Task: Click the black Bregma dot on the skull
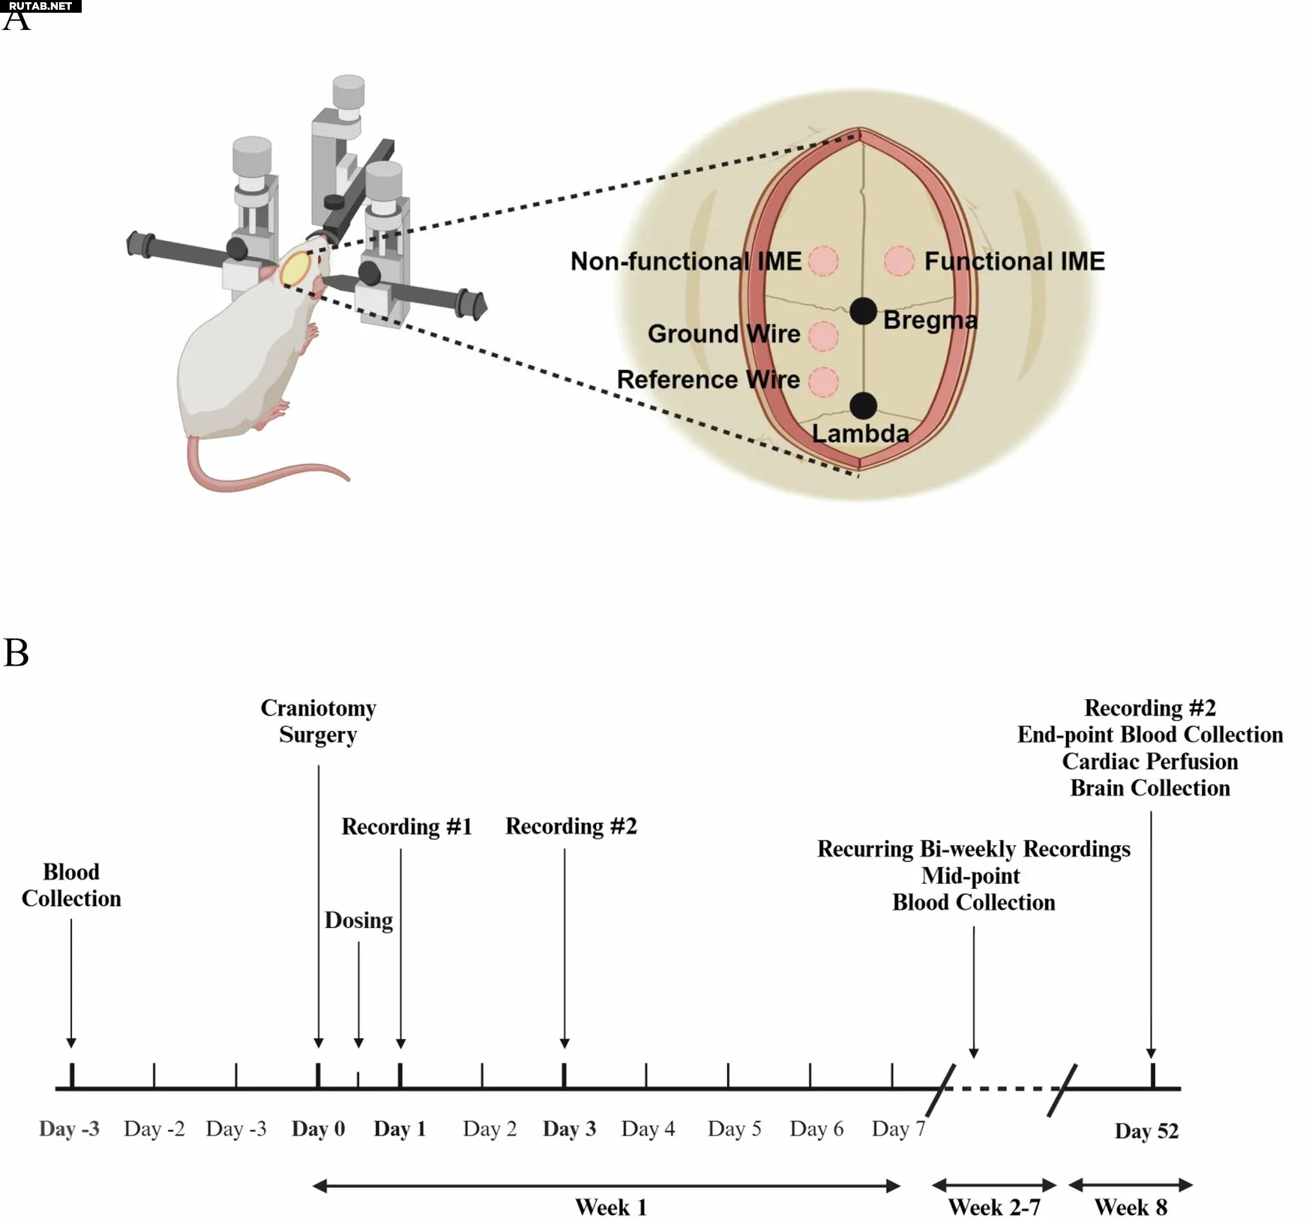click(863, 310)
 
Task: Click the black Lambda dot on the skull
click(864, 406)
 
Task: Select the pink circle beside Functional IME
click(899, 262)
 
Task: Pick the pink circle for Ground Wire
click(823, 336)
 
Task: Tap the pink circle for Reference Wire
click(823, 382)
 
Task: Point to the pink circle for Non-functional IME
click(823, 262)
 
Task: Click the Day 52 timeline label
click(1146, 1130)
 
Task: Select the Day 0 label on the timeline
click(318, 1129)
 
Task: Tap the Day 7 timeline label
click(898, 1129)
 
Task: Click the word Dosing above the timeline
click(358, 920)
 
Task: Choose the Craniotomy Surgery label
click(318, 721)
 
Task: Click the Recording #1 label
click(406, 826)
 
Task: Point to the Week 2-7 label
click(993, 1207)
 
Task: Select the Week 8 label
click(1131, 1207)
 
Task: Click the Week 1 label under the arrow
click(610, 1207)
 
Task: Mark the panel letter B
click(16, 652)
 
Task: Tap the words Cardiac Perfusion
click(1149, 762)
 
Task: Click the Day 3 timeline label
click(569, 1129)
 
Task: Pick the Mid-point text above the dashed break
click(971, 875)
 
